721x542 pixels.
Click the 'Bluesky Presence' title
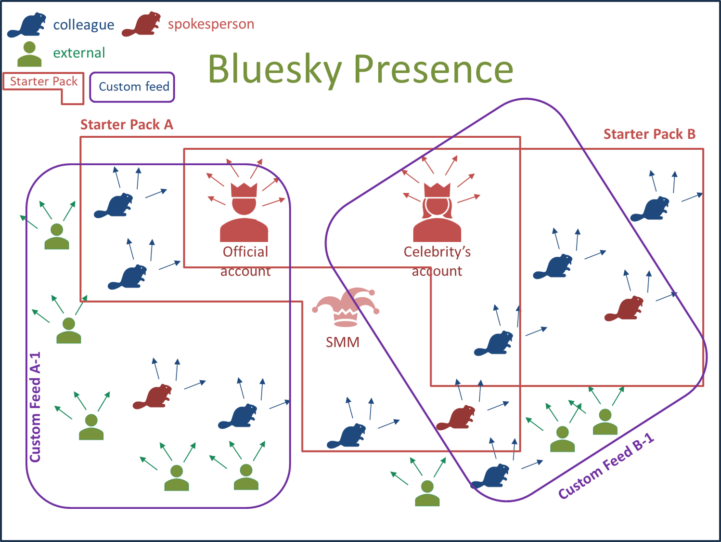360,69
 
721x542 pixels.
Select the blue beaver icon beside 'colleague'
27,25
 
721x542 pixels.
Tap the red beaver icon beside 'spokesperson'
141,24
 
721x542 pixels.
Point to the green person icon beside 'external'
29,54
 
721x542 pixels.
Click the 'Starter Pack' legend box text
44,81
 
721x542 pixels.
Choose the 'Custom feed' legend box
132,87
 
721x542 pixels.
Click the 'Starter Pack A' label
127,125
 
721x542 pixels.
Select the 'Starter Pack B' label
650,134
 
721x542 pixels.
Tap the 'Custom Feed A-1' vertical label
35,407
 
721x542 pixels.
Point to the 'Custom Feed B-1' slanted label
606,465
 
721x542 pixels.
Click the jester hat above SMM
346,307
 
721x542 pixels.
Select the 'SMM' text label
343,343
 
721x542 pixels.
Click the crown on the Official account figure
244,190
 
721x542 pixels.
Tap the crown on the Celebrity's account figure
437,190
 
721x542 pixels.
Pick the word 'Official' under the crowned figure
245,252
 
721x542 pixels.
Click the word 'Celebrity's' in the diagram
437,252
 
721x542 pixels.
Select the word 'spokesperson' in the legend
211,24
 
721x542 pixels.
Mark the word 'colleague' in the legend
84,25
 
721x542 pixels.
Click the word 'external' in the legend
79,53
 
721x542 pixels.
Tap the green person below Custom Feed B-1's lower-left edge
427,493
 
